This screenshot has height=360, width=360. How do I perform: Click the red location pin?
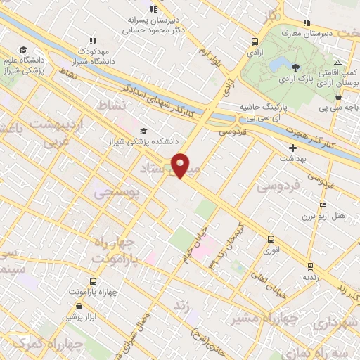[x=181, y=166]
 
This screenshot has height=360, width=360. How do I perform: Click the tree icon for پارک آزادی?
[x=296, y=68]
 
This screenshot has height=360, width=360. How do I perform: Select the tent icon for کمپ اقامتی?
[x=337, y=63]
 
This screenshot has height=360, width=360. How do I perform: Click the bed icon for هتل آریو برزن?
[x=323, y=205]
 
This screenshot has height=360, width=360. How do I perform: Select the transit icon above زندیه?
[x=310, y=267]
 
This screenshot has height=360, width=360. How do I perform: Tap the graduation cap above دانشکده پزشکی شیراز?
[x=144, y=131]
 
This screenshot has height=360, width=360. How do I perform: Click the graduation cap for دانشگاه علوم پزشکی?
[x=23, y=49]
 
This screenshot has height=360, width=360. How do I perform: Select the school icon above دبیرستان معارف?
[x=314, y=22]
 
